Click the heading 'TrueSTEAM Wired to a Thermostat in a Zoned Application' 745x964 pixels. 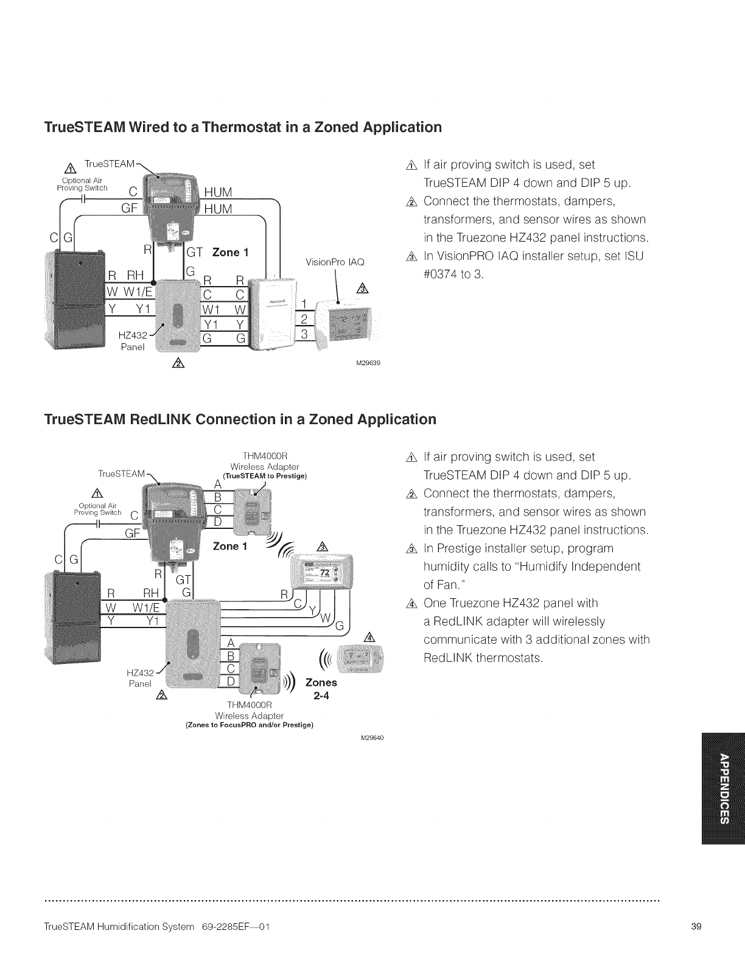coord(242,128)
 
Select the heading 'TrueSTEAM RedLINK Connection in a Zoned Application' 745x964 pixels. coord(240,420)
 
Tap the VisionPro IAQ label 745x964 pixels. coord(335,262)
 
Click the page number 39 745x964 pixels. coord(697,927)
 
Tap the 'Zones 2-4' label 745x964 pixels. coord(321,689)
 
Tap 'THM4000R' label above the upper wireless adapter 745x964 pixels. coord(264,456)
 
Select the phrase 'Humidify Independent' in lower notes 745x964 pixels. coord(532,567)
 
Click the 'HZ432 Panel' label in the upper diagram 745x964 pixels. coord(133,341)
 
